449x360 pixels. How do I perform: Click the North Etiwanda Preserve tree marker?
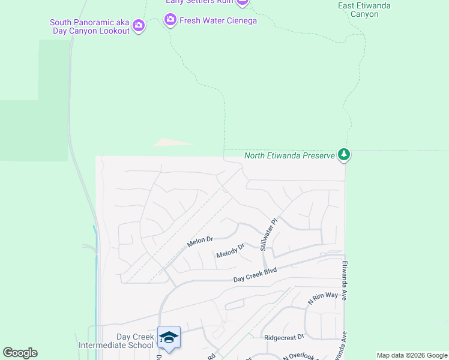click(344, 155)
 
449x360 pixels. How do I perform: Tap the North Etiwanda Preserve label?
click(289, 156)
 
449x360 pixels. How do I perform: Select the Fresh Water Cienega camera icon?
click(170, 20)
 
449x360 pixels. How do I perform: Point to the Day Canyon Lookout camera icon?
click(139, 25)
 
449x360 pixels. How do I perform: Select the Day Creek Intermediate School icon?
click(169, 337)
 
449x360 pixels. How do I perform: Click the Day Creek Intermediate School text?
click(116, 341)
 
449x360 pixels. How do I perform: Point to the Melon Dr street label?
click(200, 240)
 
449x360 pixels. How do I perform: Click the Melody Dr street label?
click(231, 251)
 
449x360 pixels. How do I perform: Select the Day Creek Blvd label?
click(255, 275)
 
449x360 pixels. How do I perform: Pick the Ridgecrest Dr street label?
click(285, 337)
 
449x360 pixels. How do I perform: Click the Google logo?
click(20, 353)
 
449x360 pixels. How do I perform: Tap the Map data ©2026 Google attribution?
click(412, 355)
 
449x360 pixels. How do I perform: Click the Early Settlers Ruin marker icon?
click(242, 2)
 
